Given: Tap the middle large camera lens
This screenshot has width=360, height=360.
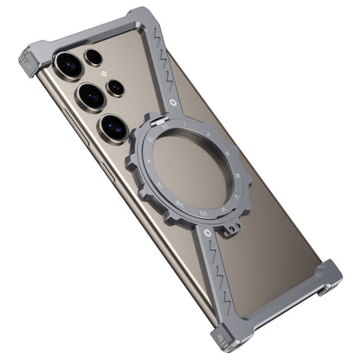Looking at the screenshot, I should [88, 95].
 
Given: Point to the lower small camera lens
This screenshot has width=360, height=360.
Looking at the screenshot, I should [116, 87].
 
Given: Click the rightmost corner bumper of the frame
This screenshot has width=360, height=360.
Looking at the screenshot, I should [328, 280].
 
